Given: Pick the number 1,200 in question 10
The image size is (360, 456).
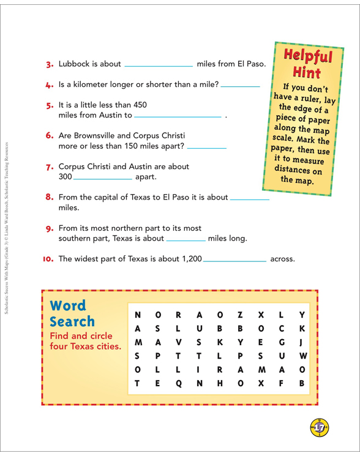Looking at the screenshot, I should (187, 259).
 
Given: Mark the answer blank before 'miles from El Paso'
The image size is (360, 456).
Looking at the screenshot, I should (158, 64).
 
